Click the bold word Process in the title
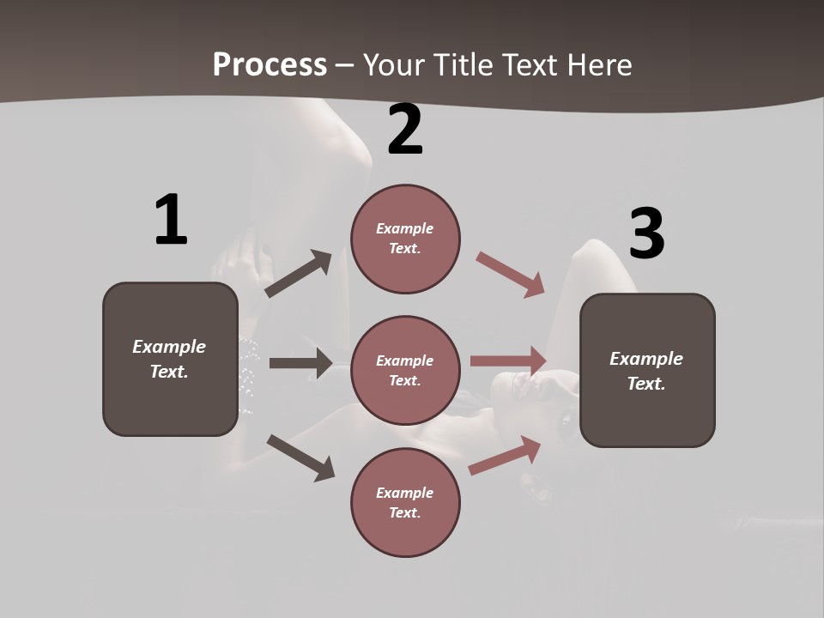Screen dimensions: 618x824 click(270, 64)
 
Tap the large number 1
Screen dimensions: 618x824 click(171, 220)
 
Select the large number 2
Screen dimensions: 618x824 click(405, 130)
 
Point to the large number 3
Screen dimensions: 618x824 click(646, 234)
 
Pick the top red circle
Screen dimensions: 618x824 click(405, 239)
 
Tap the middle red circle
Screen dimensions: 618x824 click(405, 370)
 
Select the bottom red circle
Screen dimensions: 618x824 click(405, 502)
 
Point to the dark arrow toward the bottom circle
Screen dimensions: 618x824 click(300, 457)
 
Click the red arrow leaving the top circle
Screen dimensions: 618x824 click(511, 275)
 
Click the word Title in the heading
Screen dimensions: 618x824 click(464, 64)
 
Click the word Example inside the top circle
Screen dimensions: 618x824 click(405, 228)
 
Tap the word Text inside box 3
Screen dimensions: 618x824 click(646, 384)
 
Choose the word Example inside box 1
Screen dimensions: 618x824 click(169, 347)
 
